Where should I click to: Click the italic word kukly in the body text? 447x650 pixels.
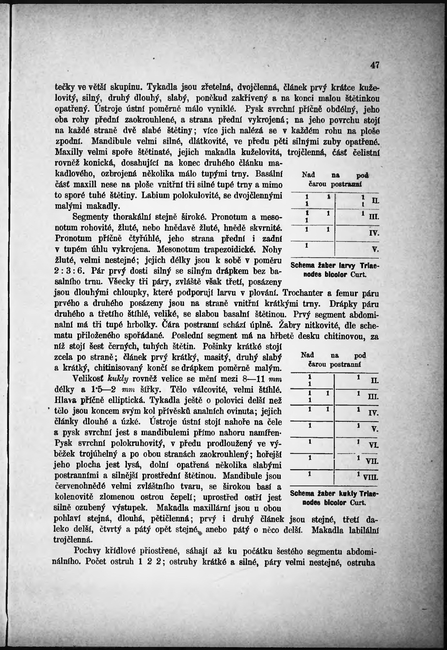click(x=118, y=379)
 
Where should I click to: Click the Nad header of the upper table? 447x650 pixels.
click(x=308, y=175)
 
